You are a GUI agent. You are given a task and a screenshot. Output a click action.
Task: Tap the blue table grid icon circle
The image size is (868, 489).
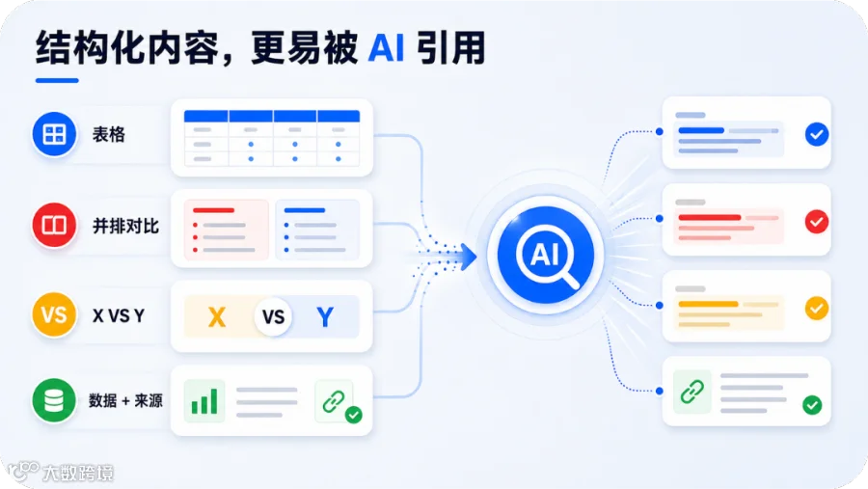[54, 134]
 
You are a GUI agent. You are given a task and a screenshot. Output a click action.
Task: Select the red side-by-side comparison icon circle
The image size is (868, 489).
[54, 225]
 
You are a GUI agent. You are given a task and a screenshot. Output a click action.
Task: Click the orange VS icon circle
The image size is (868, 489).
[54, 314]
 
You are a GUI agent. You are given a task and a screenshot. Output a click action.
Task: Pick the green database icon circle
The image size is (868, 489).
[54, 400]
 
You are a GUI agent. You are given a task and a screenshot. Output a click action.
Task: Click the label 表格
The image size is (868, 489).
[108, 134]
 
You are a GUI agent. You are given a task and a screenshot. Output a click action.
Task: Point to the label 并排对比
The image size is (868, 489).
[125, 226]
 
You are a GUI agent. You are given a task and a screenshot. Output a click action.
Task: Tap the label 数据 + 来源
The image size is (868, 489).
[125, 400]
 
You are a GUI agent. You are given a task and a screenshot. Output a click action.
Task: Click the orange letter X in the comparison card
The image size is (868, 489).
[216, 317]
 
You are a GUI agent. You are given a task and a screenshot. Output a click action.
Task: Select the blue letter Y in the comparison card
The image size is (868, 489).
[325, 317]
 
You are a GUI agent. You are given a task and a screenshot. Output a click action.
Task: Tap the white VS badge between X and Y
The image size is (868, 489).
[273, 317]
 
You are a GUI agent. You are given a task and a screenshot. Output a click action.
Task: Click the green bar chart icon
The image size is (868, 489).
[204, 401]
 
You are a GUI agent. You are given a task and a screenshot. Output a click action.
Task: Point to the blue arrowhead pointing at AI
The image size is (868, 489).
[469, 258]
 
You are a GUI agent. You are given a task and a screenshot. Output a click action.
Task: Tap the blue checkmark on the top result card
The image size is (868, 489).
[817, 134]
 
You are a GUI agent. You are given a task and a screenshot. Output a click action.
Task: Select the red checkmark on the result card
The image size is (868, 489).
[817, 222]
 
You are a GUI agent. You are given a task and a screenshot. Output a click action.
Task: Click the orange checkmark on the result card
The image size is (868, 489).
[817, 308]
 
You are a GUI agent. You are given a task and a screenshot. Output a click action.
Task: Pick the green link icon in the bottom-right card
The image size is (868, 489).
[692, 392]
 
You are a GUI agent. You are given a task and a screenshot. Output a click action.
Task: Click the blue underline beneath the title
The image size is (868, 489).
[57, 80]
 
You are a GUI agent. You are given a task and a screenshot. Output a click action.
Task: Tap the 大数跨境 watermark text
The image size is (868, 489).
[78, 473]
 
